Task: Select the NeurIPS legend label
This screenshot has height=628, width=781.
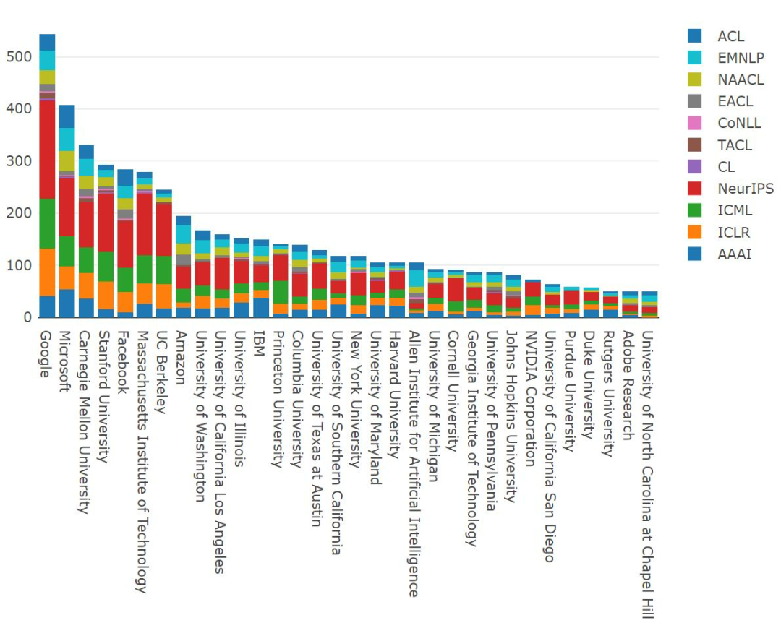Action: [745, 189]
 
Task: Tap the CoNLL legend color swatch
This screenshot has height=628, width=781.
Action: [695, 123]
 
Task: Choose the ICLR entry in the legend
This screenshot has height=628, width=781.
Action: [733, 232]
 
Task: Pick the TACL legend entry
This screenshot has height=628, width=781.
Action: [734, 145]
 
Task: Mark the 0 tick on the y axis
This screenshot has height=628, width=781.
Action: [27, 317]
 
